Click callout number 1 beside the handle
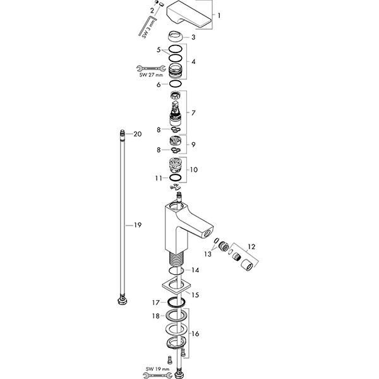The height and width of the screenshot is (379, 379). tap(219, 15)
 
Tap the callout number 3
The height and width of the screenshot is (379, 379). tap(193, 37)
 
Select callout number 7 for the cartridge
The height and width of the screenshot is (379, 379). tap(193, 112)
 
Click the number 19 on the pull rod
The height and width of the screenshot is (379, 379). tap(137, 225)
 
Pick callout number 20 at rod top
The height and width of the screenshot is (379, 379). tap(137, 134)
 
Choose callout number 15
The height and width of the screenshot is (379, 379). tap(195, 294)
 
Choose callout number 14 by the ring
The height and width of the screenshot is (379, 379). tap(195, 270)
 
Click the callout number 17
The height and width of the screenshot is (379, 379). tap(155, 303)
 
